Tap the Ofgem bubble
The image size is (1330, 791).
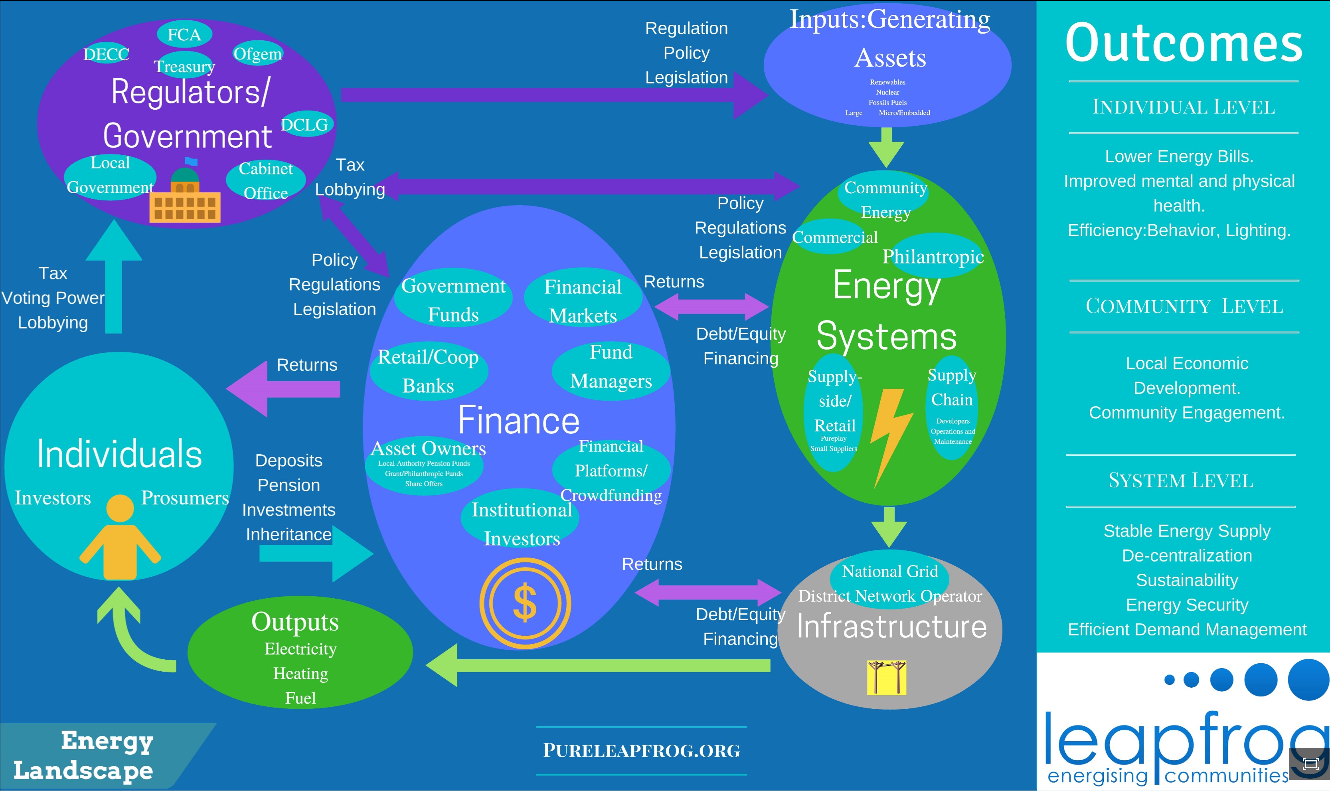point(258,53)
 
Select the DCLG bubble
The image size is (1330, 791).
point(305,124)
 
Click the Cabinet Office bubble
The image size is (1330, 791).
point(266,180)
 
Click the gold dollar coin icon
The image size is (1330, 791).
point(525,603)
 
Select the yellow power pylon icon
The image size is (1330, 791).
point(886,678)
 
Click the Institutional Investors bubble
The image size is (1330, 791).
point(522,524)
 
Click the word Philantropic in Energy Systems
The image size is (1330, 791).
point(933,256)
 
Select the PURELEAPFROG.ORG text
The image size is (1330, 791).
point(642,750)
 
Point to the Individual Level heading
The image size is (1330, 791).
point(1184,107)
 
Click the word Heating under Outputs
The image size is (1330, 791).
point(300,674)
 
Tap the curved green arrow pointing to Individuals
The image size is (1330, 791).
point(130,634)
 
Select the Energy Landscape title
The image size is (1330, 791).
point(84,755)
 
